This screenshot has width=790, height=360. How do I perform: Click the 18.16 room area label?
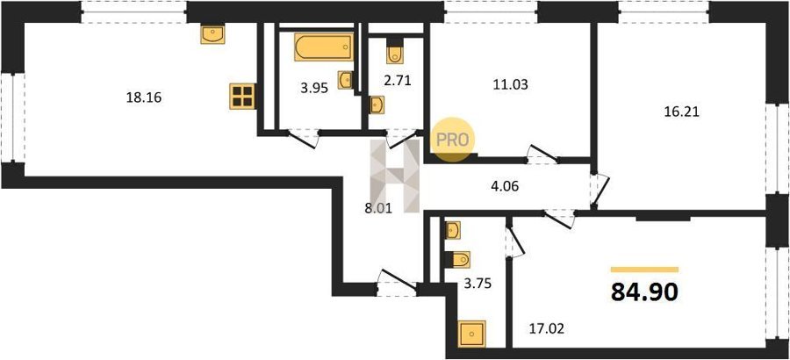(x=144, y=97)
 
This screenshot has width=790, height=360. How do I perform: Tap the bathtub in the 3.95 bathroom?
(x=323, y=47)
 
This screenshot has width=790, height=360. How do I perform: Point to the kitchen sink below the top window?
(x=212, y=34)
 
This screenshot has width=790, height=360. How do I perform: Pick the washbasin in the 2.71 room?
(x=377, y=104)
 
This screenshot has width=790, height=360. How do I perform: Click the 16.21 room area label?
(x=682, y=112)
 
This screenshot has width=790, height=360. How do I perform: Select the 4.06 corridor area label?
(x=506, y=186)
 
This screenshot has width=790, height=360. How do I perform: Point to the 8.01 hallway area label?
(x=378, y=206)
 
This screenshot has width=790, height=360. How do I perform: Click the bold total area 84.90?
(x=644, y=292)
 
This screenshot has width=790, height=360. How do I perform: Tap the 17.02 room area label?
(x=546, y=330)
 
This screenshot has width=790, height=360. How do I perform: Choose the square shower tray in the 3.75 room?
(x=472, y=334)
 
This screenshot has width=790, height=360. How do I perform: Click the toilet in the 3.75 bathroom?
(x=458, y=260)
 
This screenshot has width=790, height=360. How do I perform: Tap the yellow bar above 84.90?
(x=644, y=270)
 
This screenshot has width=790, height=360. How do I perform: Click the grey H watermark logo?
(x=395, y=176)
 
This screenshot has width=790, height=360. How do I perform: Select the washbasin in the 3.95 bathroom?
(x=345, y=80)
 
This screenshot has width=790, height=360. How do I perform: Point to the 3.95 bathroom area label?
(x=314, y=89)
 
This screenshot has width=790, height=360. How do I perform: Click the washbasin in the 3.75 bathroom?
(x=453, y=230)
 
